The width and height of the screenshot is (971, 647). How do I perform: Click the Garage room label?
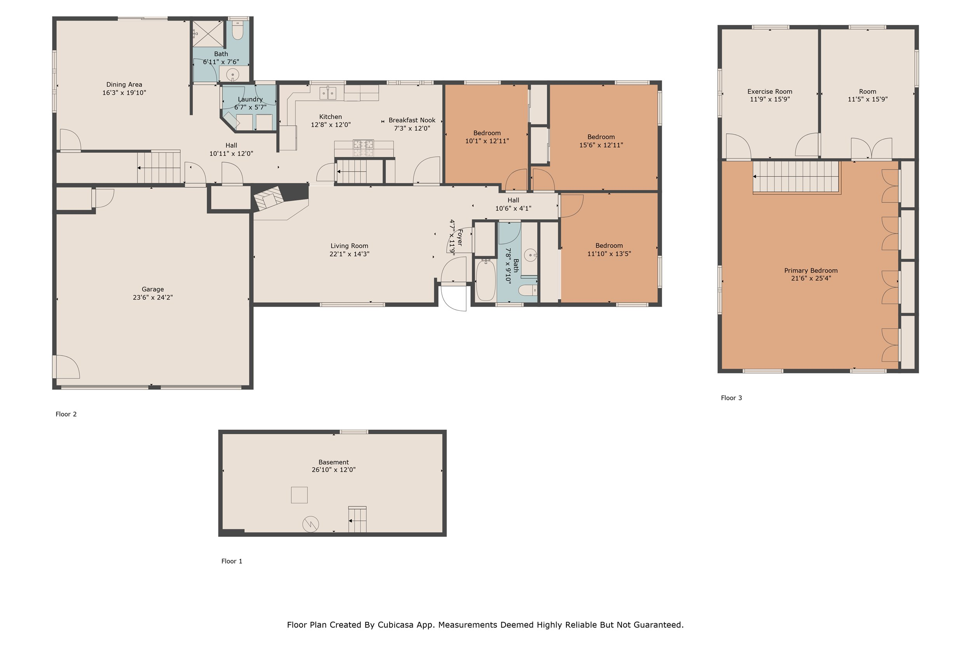click(x=152, y=289)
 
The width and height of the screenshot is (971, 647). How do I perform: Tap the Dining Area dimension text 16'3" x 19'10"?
click(x=124, y=93)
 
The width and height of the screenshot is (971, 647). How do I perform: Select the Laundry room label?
click(x=250, y=99)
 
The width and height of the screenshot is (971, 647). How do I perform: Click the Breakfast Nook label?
click(x=412, y=120)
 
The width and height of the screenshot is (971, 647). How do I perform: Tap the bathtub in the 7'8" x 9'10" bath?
click(x=486, y=280)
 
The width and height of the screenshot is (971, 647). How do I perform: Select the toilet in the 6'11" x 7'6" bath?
click(x=237, y=30)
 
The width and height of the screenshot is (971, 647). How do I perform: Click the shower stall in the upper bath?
click(x=208, y=33)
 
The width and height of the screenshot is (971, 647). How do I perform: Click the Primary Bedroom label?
click(x=811, y=271)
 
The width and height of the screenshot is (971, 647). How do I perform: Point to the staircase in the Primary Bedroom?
click(x=797, y=177)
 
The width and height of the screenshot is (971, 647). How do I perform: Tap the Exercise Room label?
click(x=769, y=92)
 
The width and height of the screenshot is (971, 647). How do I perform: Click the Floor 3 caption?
click(x=731, y=398)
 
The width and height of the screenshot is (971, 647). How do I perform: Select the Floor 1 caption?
click(x=231, y=561)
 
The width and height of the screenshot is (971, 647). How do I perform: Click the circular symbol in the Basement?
click(x=310, y=524)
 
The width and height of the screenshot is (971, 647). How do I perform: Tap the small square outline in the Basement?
click(x=299, y=495)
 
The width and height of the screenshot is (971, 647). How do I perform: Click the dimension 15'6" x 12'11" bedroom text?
click(x=601, y=145)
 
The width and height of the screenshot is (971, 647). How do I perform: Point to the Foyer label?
click(x=460, y=237)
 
